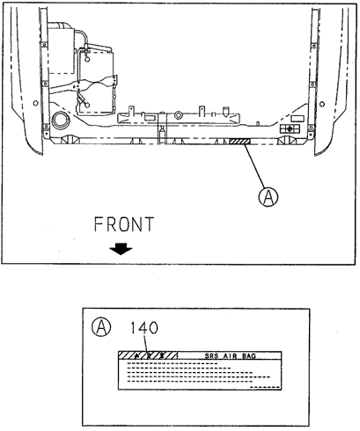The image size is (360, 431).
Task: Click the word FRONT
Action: point(124,224)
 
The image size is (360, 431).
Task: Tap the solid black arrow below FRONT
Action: point(121,249)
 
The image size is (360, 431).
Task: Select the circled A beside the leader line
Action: point(268,197)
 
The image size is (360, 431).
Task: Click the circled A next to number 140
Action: point(101,327)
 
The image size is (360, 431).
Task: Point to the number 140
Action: point(144,327)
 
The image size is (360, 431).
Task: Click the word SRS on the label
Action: point(211,356)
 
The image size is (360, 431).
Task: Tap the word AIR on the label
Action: point(231,356)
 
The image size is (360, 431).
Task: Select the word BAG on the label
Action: point(249,356)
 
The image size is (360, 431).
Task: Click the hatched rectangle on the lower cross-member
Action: point(239,142)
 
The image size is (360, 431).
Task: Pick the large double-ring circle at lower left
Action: point(61,121)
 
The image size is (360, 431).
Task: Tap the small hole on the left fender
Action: point(35,103)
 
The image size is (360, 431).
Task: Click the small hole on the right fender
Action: point(322,104)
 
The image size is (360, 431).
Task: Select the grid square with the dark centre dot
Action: point(290,128)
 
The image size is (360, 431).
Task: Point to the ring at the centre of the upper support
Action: point(179,114)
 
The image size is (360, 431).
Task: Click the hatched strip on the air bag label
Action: point(148,355)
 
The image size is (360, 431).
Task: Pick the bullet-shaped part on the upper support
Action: point(225,111)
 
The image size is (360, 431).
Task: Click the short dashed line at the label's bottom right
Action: point(267,387)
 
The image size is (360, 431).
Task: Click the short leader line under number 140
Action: point(146,344)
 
